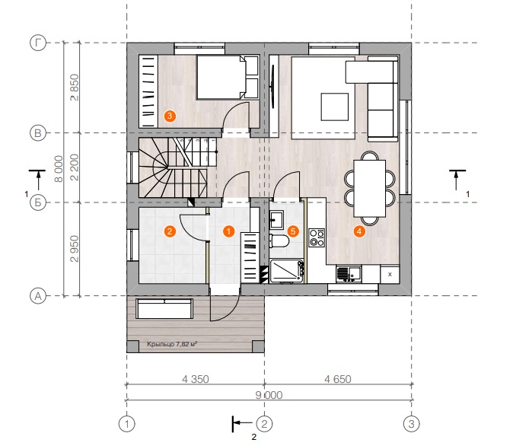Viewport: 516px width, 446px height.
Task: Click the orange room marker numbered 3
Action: [170, 116]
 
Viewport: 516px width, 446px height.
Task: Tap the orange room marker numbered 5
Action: [293, 231]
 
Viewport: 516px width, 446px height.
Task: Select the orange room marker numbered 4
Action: [359, 231]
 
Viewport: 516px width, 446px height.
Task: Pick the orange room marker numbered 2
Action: [170, 231]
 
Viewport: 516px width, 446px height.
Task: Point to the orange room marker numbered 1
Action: [229, 231]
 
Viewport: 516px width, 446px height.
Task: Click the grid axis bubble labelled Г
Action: [38, 43]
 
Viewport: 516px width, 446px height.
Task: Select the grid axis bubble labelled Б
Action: [38, 202]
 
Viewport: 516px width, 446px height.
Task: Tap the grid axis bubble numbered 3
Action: [411, 424]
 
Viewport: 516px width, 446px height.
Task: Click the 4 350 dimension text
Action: [196, 379]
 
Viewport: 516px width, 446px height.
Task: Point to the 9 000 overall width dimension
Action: [269, 395]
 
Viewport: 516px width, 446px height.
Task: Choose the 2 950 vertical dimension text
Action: [75, 249]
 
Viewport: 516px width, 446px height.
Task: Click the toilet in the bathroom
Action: [279, 241]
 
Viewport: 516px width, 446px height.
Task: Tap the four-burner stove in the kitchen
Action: [317, 237]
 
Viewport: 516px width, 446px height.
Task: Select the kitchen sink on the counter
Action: [349, 274]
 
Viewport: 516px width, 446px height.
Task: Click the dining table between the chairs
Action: [370, 189]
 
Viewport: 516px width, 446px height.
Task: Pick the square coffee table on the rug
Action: [335, 107]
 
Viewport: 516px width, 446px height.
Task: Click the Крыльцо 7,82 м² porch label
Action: [172, 344]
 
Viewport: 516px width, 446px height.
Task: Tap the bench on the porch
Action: [164, 309]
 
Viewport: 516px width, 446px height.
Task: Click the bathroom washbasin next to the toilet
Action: [276, 220]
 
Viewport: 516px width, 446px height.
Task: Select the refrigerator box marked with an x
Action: [390, 274]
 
